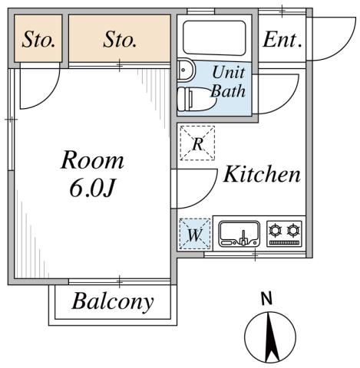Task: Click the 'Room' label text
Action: [x=92, y=160]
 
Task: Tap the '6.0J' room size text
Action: [x=92, y=189]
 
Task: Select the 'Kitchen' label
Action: [x=261, y=174]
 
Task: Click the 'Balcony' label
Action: [x=112, y=301]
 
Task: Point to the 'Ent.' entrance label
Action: [x=282, y=40]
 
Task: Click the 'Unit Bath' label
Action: [x=228, y=82]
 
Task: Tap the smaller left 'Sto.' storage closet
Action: [x=38, y=39]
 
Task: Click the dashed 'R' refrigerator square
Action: [x=197, y=143]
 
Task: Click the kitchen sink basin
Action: [x=238, y=232]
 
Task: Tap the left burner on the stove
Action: [x=276, y=230]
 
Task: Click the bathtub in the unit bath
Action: [x=214, y=36]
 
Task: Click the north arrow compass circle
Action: [x=269, y=337]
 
